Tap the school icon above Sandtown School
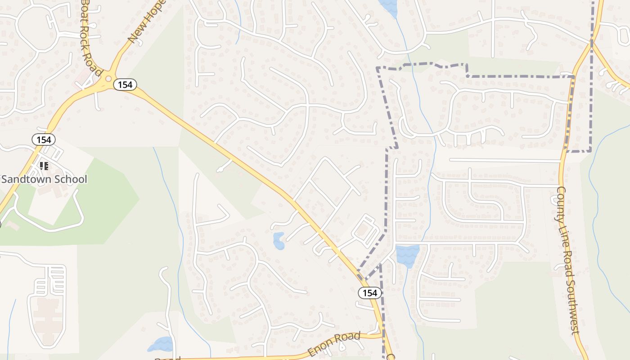[44, 166]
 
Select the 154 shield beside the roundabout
[125, 84]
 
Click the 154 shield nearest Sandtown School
[44, 139]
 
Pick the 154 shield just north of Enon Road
[370, 293]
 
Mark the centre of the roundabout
[108, 79]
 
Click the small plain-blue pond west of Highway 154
[279, 241]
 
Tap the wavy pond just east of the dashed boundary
[408, 256]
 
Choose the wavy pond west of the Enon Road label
[161, 345]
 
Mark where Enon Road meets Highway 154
[382, 335]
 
